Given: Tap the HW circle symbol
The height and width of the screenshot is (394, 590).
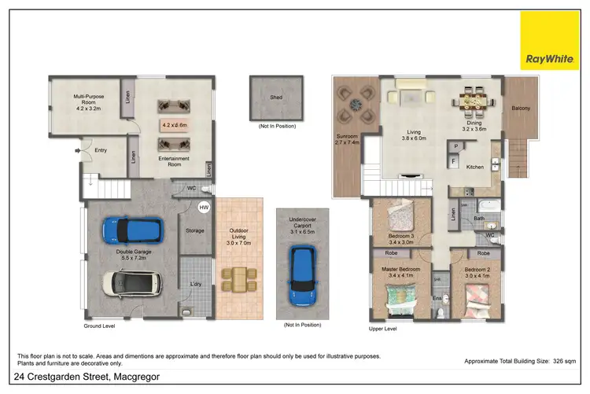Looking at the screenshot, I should click(204, 208).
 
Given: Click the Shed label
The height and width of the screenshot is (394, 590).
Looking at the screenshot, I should click(276, 98).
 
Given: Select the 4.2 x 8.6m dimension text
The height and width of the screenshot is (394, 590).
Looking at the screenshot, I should click(174, 125).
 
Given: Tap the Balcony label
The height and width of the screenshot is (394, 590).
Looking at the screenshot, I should click(520, 108).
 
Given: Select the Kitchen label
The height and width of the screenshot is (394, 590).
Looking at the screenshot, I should click(474, 167).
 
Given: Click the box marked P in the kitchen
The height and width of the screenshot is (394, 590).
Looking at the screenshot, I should click(455, 147).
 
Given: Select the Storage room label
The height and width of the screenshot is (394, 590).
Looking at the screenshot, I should click(194, 230).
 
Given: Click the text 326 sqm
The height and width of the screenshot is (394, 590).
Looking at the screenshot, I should click(565, 359).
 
